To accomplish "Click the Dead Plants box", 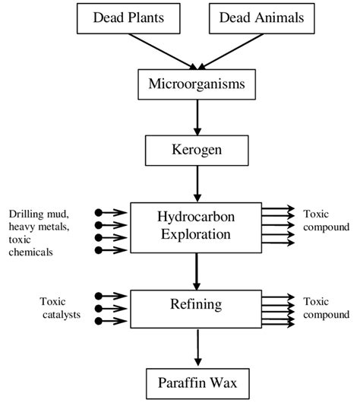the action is (128, 18).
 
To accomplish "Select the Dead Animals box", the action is (262, 18).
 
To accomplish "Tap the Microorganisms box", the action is (197, 84).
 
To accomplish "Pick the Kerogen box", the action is (197, 151).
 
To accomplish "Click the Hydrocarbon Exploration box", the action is (196, 227).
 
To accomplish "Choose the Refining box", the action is (196, 309).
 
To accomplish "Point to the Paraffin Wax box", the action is (197, 384).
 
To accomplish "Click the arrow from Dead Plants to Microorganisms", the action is (163, 52).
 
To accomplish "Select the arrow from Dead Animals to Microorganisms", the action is (230, 52).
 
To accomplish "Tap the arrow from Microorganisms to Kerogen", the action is (197, 117).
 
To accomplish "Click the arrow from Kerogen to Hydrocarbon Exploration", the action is (197, 184).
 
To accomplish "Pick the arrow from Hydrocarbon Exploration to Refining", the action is (197, 271).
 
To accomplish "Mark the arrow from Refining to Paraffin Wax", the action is (197, 347).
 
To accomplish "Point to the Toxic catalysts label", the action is (60, 308).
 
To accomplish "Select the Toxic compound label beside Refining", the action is (326, 308).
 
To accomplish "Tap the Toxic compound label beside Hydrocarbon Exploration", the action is (326, 221).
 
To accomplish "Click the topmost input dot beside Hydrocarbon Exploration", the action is (98, 213).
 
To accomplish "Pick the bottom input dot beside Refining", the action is (98, 321).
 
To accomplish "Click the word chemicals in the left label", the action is (30, 252).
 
